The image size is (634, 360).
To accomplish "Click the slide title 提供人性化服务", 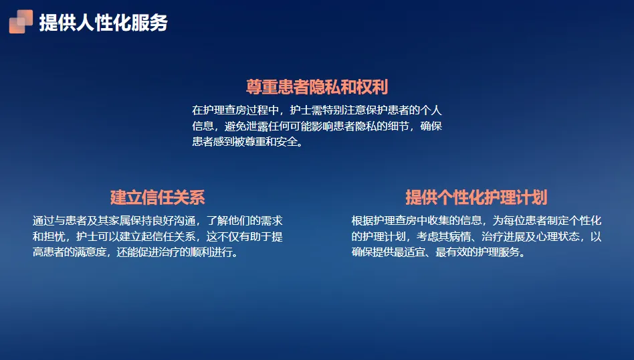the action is point(103,22).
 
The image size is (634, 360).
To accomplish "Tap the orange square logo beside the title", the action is point(21,21).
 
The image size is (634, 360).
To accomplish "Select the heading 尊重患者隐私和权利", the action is point(317,87).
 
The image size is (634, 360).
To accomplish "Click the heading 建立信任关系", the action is point(158,197).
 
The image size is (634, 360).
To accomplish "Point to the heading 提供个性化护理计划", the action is point(476,197).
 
